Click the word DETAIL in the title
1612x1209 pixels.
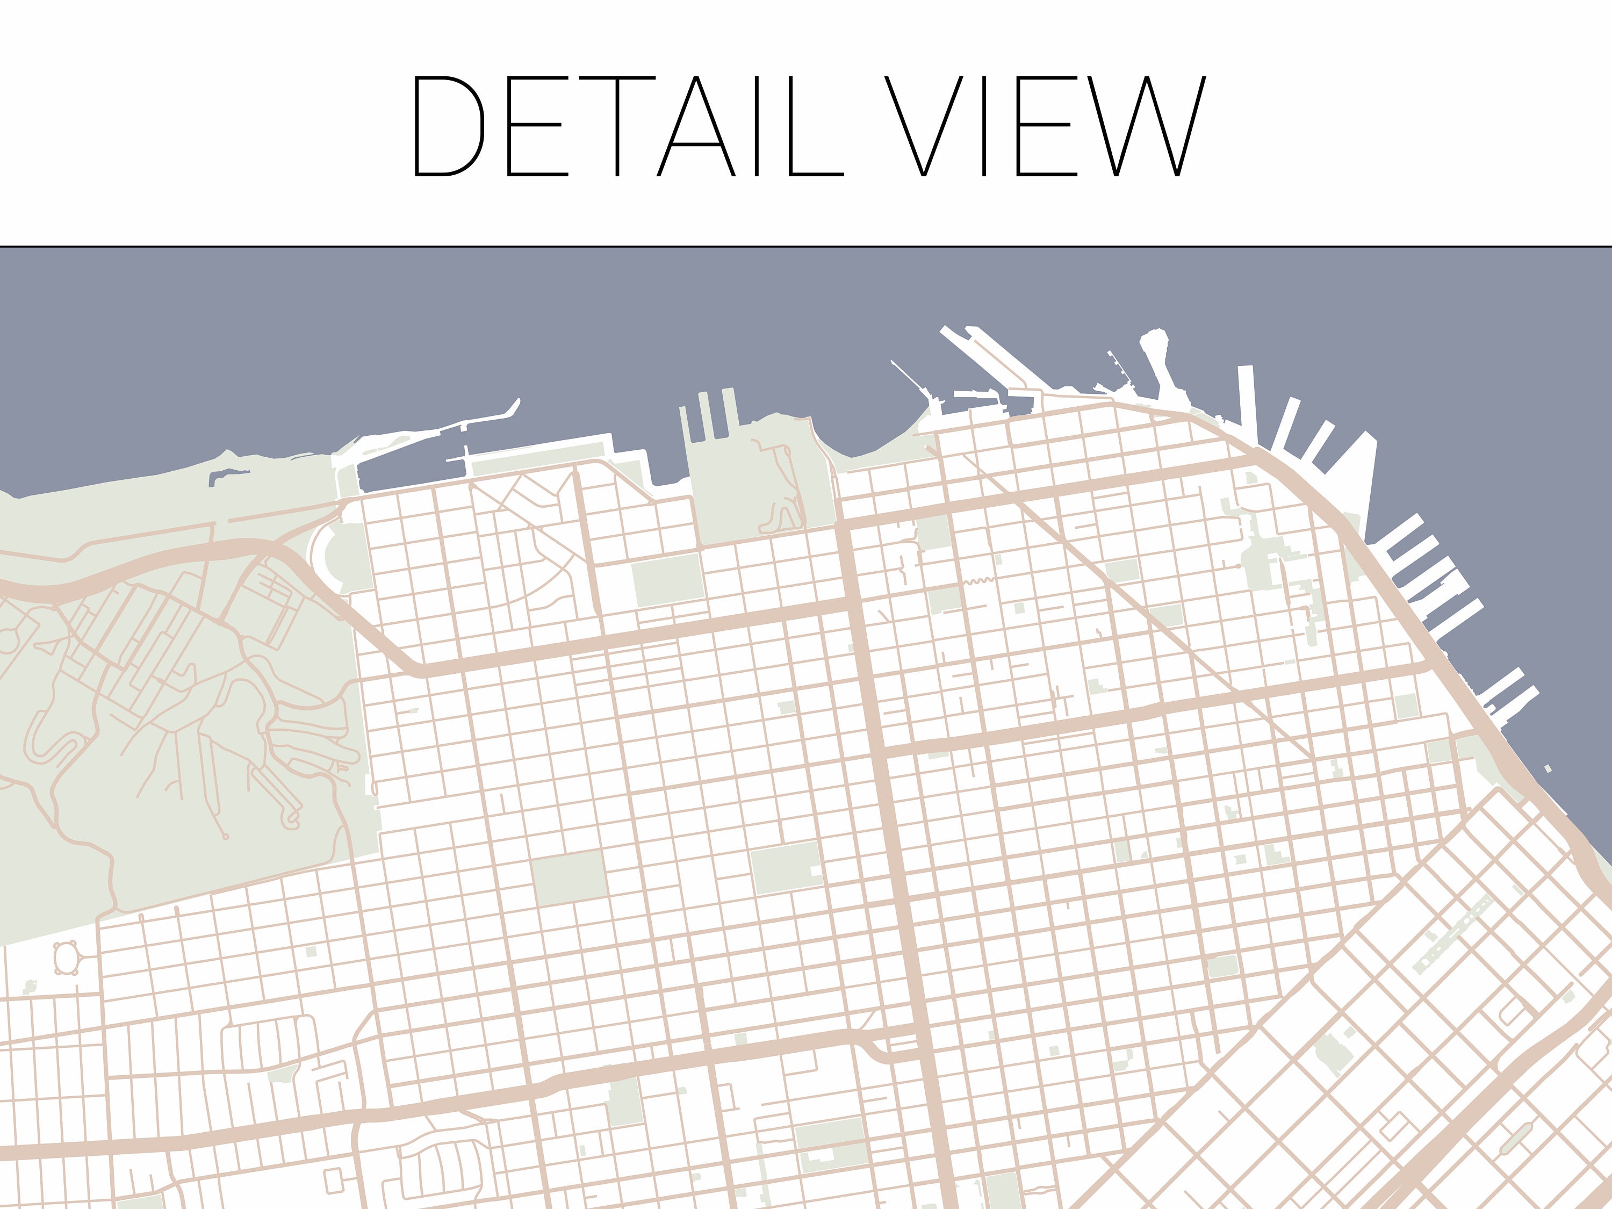[x=628, y=126]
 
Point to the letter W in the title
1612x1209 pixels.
[x=1146, y=126]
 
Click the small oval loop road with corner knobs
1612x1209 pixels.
[x=66, y=957]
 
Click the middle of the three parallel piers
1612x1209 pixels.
[x=704, y=416]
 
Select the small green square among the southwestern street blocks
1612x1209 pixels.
[x=311, y=952]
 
